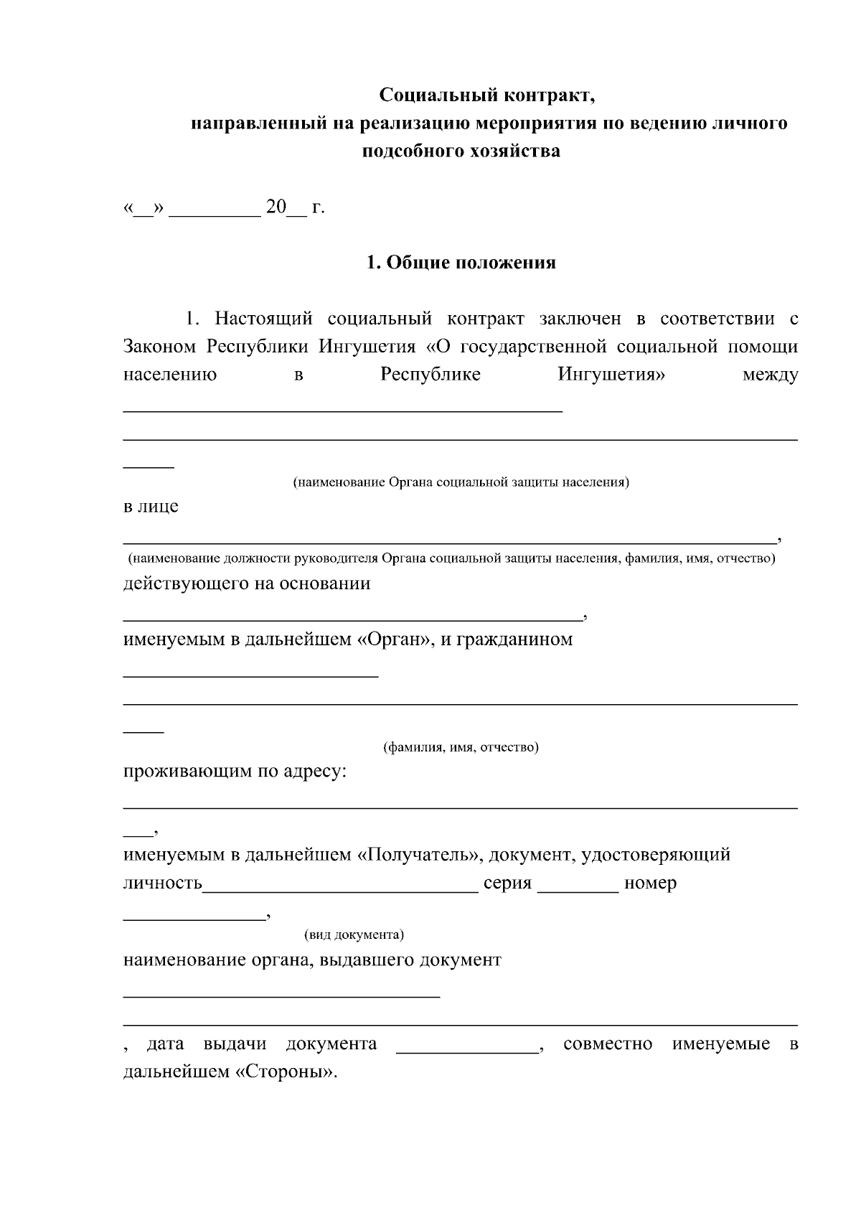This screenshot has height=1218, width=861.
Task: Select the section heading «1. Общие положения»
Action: point(461,263)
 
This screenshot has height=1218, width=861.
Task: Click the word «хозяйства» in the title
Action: point(514,151)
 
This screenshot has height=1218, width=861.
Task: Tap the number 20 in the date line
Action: point(276,207)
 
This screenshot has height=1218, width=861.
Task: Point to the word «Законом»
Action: point(159,347)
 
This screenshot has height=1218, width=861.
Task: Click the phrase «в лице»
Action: point(151,507)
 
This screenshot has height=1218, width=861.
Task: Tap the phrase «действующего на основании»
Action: point(247,583)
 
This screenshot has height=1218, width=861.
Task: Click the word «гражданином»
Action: point(514,639)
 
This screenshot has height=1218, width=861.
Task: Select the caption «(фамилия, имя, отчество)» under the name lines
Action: point(461,748)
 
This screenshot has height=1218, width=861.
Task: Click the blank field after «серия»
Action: point(578,885)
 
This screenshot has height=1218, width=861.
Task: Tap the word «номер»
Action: point(650,884)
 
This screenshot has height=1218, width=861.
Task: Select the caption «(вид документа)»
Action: point(354,935)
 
